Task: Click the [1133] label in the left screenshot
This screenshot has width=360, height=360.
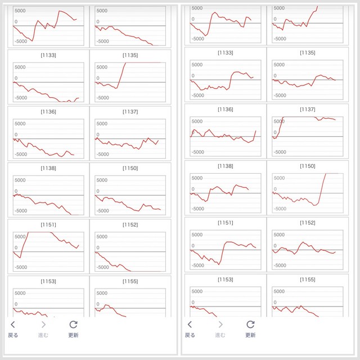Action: [48, 55]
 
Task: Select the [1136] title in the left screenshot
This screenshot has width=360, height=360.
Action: [48, 111]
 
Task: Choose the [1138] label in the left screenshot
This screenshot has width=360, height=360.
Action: [48, 168]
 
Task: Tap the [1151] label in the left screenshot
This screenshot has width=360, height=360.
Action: [48, 224]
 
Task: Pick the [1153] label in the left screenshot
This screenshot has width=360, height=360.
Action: [48, 281]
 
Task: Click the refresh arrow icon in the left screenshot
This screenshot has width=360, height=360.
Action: [73, 324]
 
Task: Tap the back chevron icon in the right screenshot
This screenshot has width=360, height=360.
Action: [190, 324]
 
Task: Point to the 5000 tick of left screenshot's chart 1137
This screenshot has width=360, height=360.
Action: [101, 124]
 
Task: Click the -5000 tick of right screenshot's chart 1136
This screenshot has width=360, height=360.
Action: [198, 152]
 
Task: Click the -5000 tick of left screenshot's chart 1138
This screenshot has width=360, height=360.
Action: [20, 211]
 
